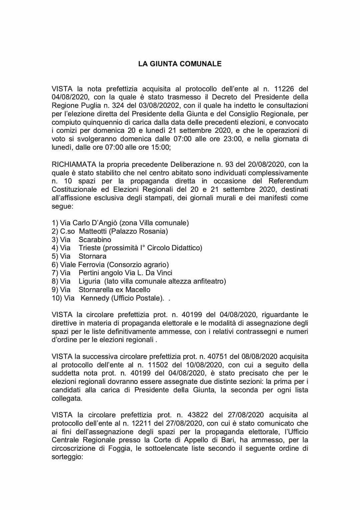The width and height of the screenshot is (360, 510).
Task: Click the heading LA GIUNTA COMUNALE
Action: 180,64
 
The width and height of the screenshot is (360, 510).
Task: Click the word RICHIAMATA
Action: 73,164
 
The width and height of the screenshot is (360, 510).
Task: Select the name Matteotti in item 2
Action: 92,231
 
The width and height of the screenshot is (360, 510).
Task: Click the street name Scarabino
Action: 95,239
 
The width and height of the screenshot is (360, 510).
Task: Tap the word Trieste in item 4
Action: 90,248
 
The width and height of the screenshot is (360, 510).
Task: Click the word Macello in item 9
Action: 137,290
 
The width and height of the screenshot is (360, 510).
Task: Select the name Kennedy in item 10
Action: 95,298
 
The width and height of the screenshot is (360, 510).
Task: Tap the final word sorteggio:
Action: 67,457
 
